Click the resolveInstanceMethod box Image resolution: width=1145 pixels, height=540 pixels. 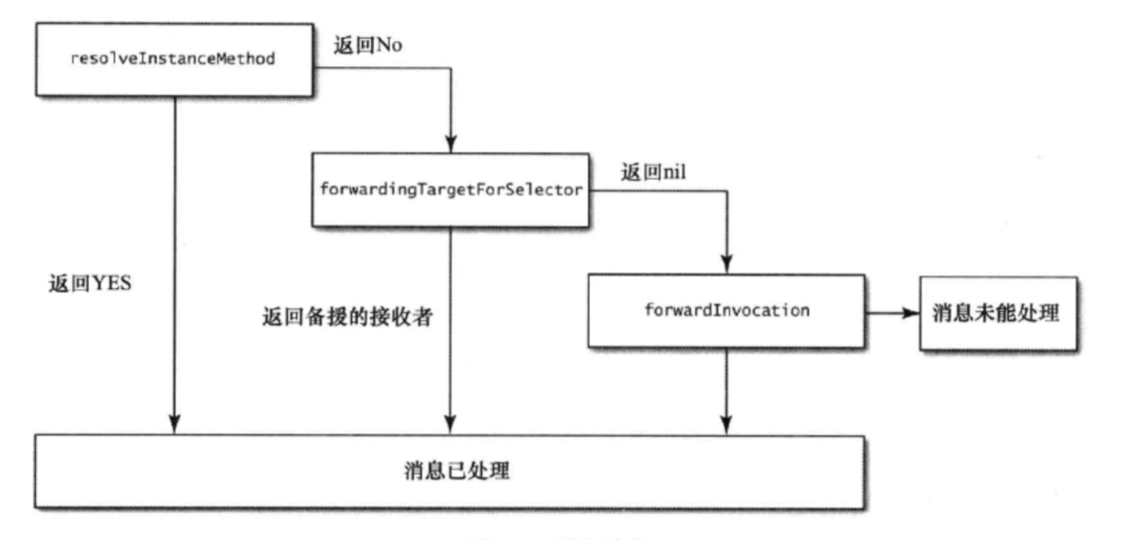(174, 59)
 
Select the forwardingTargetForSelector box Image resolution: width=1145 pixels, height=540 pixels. (450, 190)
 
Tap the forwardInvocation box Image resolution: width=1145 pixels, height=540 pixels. (727, 310)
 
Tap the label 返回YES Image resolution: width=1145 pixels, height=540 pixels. (90, 283)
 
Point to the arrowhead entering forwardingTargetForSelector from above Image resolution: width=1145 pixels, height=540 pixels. (450, 146)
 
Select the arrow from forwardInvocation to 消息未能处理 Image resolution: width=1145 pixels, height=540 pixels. (890, 312)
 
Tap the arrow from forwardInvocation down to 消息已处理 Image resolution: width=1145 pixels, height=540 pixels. (727, 388)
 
